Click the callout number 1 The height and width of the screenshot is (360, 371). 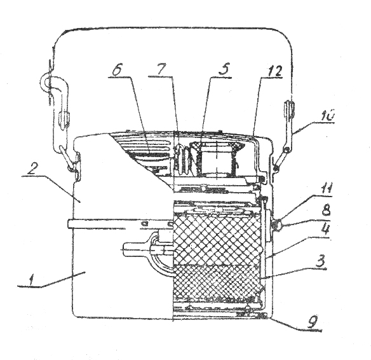(x=31, y=280)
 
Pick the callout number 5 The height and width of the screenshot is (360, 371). (x=224, y=69)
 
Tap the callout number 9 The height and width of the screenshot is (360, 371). (x=313, y=323)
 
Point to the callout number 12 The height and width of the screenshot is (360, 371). (x=275, y=71)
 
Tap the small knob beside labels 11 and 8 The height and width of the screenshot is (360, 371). (x=276, y=224)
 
